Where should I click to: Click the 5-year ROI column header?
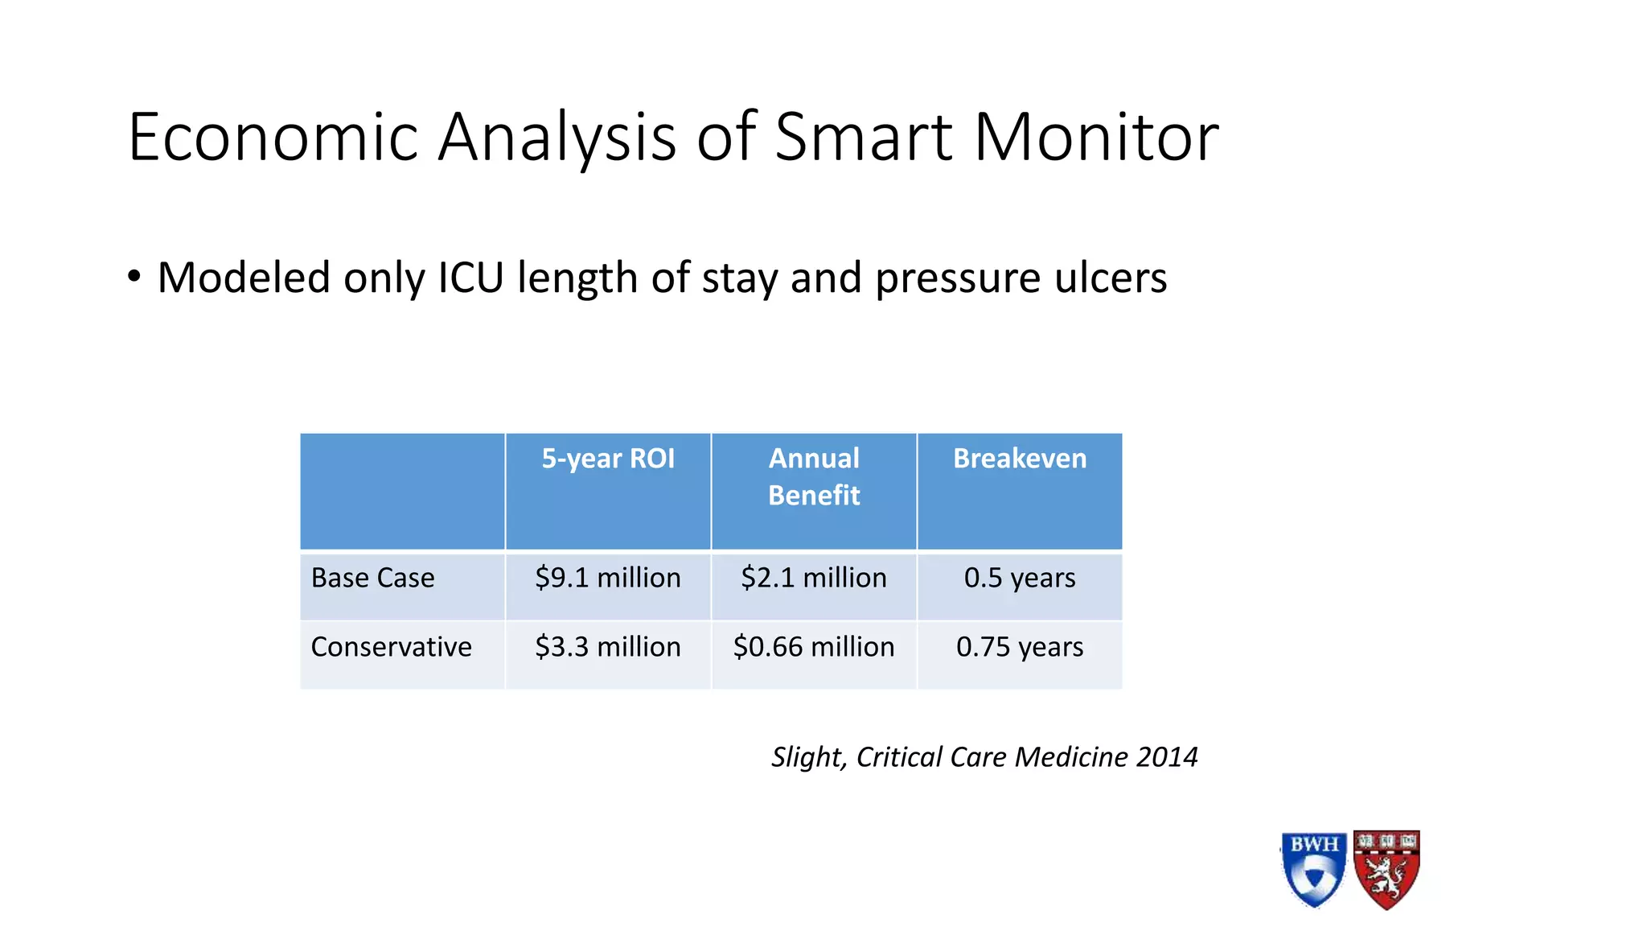pyautogui.click(x=608, y=459)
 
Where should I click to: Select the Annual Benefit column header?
pyautogui.click(x=814, y=476)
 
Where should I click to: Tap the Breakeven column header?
pyautogui.click(x=1020, y=459)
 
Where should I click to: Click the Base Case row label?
pyautogui.click(x=372, y=578)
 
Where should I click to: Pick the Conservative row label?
pyautogui.click(x=391, y=647)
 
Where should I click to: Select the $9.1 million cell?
pyautogui.click(x=608, y=578)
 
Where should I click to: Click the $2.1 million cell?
pyautogui.click(x=814, y=578)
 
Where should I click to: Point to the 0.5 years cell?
pyautogui.click(x=1020, y=578)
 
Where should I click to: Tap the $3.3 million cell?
pyautogui.click(x=608, y=647)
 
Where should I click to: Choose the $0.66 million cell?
pyautogui.click(x=814, y=647)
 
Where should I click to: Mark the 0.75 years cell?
pyautogui.click(x=1020, y=647)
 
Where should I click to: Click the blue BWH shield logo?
pyautogui.click(x=1314, y=869)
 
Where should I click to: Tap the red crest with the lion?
pyautogui.click(x=1386, y=869)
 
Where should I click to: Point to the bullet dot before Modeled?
pyautogui.click(x=134, y=277)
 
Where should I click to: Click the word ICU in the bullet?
pyautogui.click(x=470, y=278)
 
